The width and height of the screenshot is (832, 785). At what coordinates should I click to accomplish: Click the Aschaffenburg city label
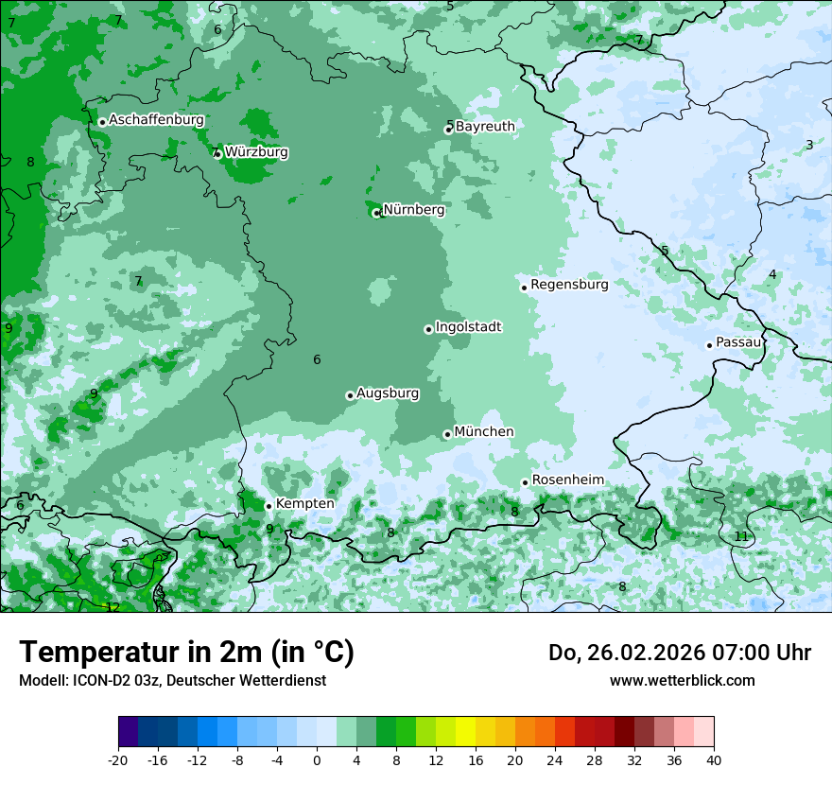point(156,120)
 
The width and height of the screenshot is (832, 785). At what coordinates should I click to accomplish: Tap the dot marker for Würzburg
point(219,153)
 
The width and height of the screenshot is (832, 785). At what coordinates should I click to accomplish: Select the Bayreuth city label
point(485,127)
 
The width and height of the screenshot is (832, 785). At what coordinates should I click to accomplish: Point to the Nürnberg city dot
point(376,213)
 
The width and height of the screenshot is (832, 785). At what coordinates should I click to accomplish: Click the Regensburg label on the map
point(569,284)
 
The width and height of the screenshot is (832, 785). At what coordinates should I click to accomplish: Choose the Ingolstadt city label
point(468,326)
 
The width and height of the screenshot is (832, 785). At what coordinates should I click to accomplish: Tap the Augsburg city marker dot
point(350,395)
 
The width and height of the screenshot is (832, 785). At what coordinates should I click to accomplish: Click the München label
point(484,431)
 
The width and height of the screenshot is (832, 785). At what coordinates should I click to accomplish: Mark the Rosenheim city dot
point(526,482)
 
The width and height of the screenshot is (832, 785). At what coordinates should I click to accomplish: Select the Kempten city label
point(304,503)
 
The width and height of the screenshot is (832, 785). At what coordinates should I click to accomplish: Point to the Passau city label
point(738,342)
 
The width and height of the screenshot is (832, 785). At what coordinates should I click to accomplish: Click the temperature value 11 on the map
point(741,536)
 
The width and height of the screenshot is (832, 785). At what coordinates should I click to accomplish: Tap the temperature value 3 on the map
point(809,145)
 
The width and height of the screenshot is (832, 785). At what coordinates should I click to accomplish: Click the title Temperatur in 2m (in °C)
point(186,652)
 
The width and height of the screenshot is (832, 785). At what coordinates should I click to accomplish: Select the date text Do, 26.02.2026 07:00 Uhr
point(680,652)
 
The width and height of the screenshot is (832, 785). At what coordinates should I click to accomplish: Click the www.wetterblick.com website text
point(683,680)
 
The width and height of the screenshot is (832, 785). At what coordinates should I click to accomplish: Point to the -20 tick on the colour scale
point(118,759)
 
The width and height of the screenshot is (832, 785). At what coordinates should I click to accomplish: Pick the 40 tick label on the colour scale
point(714,759)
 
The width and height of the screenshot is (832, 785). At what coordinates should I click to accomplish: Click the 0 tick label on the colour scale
point(317,759)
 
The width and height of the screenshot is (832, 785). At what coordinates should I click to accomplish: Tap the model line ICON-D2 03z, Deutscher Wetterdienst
point(172,680)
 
